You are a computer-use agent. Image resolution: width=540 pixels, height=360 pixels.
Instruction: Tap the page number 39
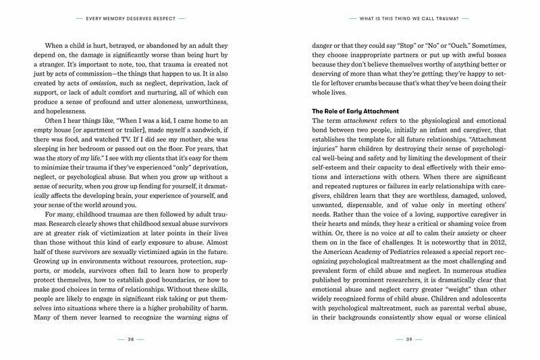[x=409, y=339]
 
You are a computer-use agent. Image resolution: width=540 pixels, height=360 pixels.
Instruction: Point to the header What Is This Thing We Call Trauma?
[x=409, y=18]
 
